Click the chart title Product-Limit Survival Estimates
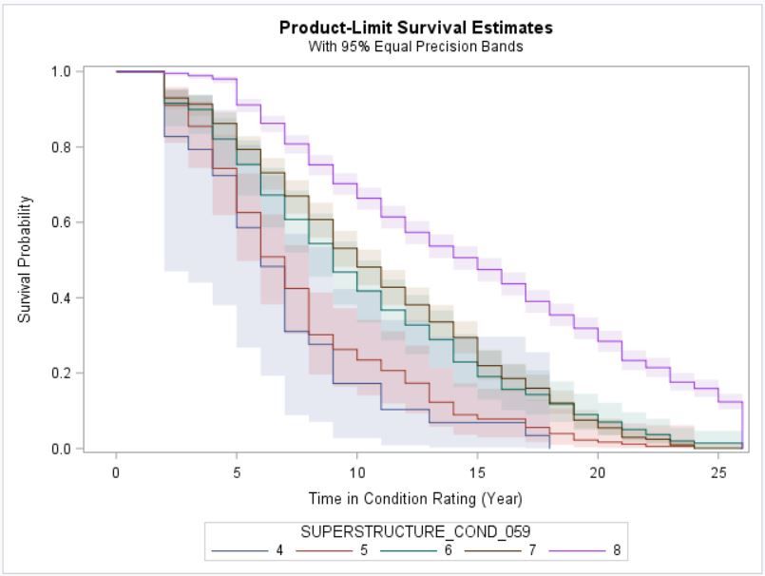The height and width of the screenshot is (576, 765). [415, 28]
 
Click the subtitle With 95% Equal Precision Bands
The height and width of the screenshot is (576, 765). [415, 47]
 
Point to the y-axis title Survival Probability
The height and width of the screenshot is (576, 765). [26, 259]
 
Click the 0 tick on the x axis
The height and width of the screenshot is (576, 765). [116, 472]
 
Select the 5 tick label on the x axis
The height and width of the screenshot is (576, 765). [237, 472]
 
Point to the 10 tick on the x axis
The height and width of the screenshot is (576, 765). [357, 472]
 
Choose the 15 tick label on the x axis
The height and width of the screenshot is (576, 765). [478, 472]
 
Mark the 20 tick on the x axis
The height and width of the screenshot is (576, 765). [599, 472]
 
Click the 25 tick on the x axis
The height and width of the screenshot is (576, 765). [719, 472]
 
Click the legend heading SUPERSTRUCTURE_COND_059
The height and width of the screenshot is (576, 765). [415, 532]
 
